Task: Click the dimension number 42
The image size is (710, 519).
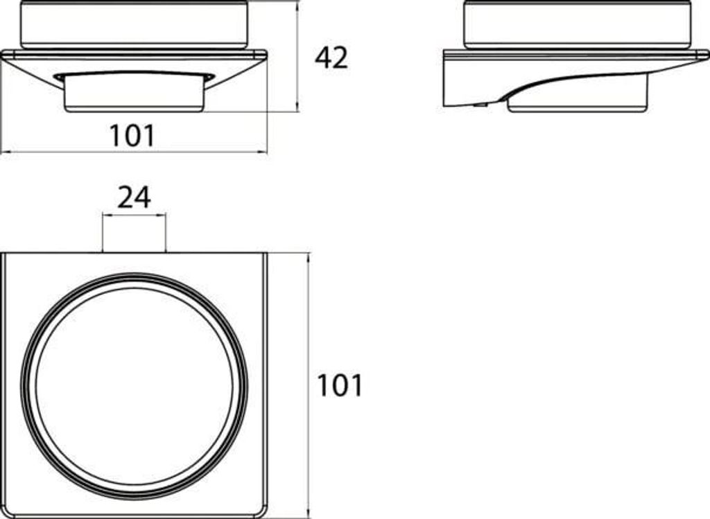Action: (x=331, y=58)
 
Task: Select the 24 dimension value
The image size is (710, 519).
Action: (x=134, y=197)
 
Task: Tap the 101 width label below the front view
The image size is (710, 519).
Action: (x=132, y=135)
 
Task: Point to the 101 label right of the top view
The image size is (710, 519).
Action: (x=340, y=385)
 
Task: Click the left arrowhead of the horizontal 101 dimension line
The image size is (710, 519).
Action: (x=6, y=152)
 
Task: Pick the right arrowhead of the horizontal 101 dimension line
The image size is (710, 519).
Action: (x=263, y=152)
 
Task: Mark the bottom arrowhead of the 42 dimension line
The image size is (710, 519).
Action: (x=297, y=107)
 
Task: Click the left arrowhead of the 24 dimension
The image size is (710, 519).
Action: (x=107, y=215)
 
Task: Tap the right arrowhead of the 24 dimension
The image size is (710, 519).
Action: (x=161, y=215)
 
